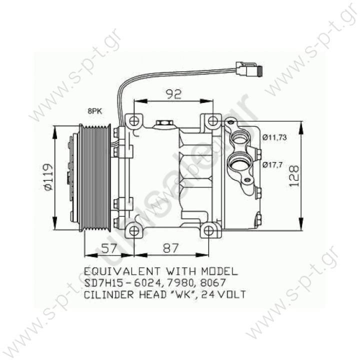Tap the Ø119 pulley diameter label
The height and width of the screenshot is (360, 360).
pos(48,176)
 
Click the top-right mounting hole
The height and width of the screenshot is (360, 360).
pos(213,121)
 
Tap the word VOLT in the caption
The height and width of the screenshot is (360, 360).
pos(228,294)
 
